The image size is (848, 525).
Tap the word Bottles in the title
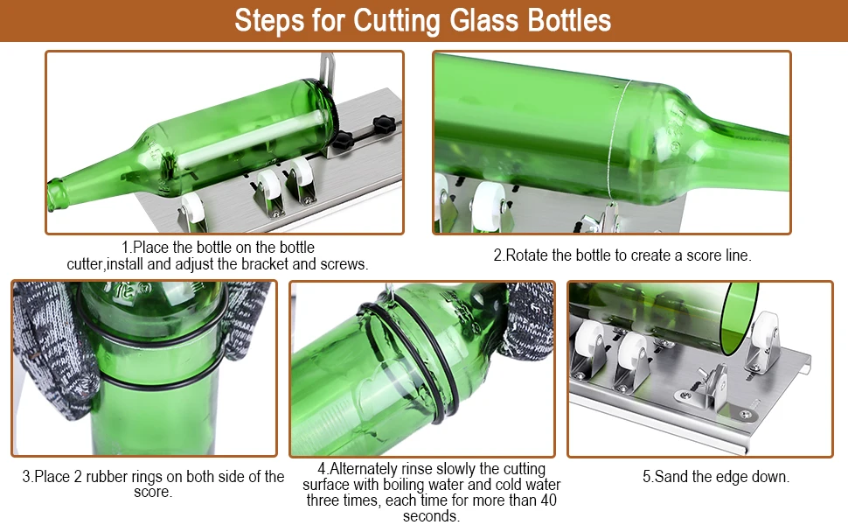(566, 20)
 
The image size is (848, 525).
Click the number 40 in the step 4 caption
(546, 500)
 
